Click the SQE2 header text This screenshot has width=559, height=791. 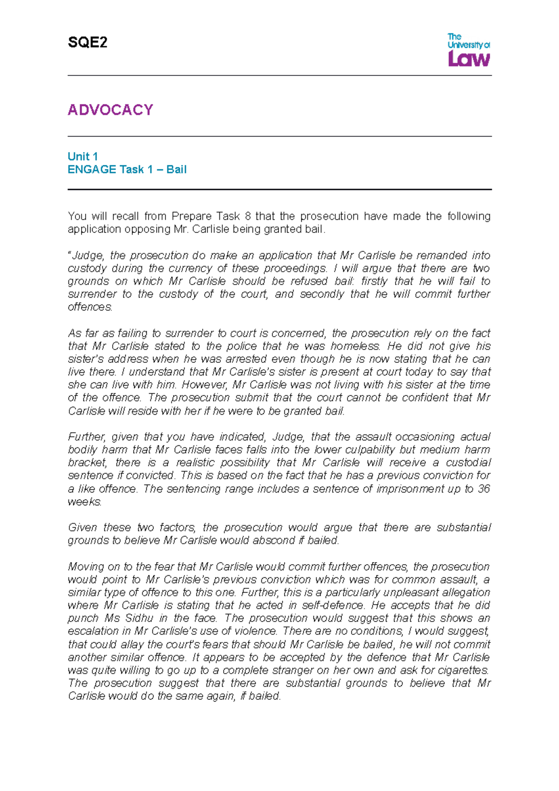(88, 43)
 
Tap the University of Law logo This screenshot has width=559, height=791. (469, 49)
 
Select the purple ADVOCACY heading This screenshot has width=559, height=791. (110, 110)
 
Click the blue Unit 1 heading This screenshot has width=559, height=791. (82, 157)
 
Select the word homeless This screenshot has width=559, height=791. (355, 346)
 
